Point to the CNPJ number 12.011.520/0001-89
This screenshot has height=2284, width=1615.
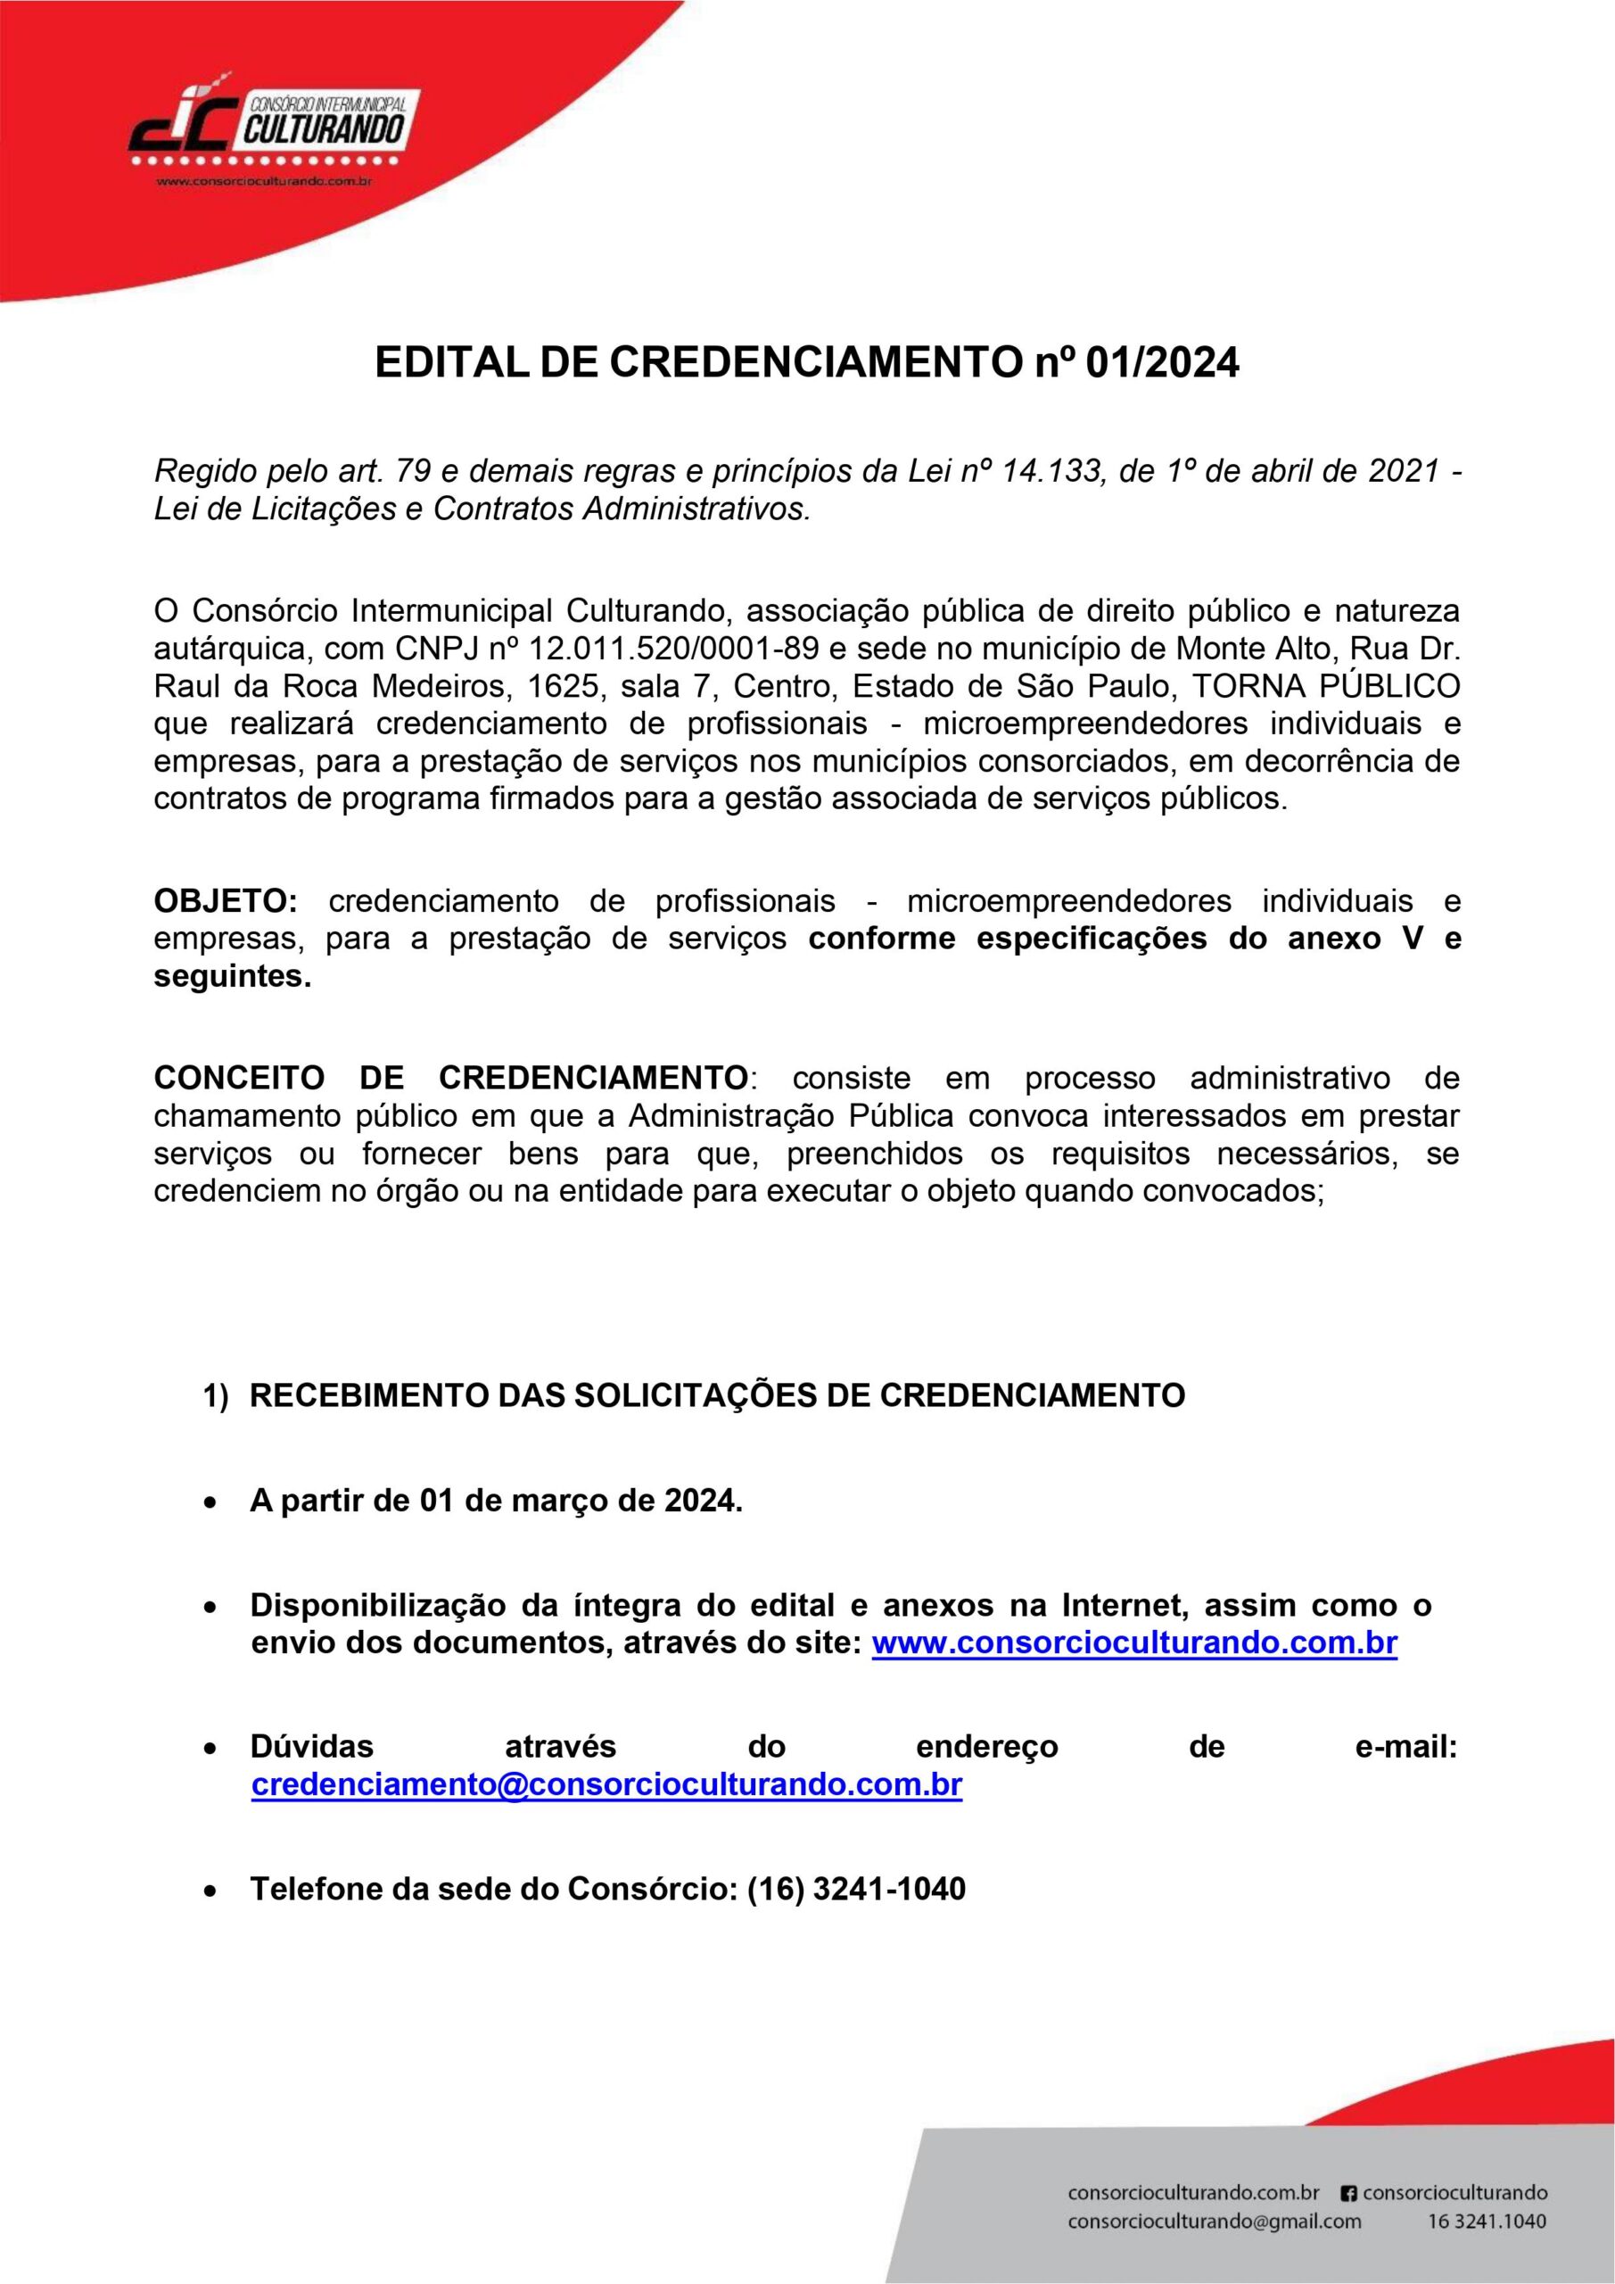pos(675,649)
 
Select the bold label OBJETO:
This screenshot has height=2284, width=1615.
pos(225,901)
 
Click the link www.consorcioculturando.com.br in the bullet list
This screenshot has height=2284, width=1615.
pos(1134,1643)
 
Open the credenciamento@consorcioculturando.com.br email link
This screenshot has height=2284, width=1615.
pos(606,1783)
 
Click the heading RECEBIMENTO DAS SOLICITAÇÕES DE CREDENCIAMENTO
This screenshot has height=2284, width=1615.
pos(717,1395)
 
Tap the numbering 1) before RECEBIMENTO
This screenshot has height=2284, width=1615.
pos(217,1395)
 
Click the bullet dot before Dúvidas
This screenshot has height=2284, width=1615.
pos(210,1748)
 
